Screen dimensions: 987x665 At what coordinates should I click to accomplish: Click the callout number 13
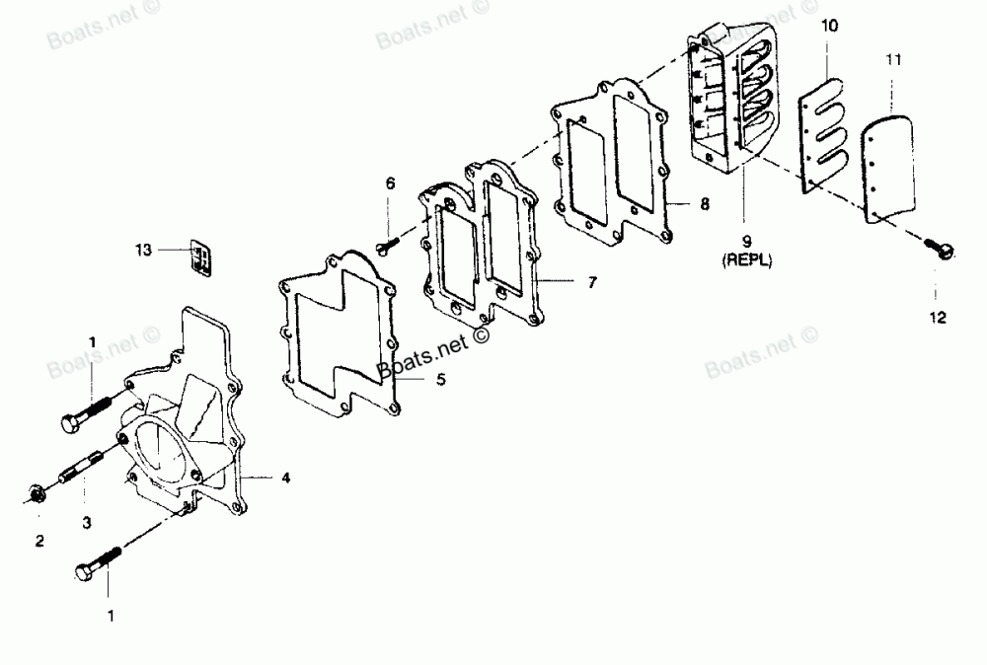(x=144, y=251)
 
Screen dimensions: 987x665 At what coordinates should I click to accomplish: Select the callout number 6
(x=390, y=184)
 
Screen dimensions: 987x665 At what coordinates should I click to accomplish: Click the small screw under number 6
(x=386, y=241)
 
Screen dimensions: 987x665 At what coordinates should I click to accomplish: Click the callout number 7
(x=591, y=282)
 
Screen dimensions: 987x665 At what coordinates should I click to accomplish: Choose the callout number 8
(x=704, y=205)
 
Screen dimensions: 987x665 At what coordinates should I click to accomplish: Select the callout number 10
(x=830, y=26)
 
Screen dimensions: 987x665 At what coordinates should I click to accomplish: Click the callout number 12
(x=937, y=318)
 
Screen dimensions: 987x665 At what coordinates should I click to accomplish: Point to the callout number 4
(x=285, y=479)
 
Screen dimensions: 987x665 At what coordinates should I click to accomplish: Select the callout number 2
(x=40, y=540)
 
